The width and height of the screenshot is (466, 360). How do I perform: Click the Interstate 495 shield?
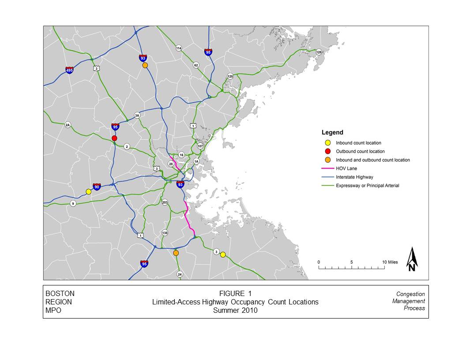(x=69, y=70)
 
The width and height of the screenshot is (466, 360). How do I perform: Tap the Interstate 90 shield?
(x=97, y=187)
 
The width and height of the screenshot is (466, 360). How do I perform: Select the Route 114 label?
(x=179, y=48)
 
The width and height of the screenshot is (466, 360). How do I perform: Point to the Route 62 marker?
(x=196, y=65)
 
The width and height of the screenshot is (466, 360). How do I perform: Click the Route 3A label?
(x=137, y=116)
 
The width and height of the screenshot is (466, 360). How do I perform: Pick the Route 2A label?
(x=68, y=125)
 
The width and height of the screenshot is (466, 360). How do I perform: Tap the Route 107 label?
(x=200, y=146)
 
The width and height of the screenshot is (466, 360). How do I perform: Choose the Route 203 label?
(x=165, y=202)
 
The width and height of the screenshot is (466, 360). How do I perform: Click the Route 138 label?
(x=165, y=232)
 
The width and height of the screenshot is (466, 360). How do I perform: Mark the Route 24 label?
(x=180, y=274)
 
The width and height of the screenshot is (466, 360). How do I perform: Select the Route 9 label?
(x=73, y=203)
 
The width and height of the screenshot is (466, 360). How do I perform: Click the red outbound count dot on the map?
(x=114, y=138)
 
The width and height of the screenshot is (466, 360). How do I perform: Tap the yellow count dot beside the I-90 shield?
(x=88, y=191)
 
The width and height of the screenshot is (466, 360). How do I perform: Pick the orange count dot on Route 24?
(x=176, y=253)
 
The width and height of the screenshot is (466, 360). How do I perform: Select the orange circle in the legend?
(x=327, y=160)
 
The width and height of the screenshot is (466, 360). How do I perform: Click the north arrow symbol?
(x=412, y=259)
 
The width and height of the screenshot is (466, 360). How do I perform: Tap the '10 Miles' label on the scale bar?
(x=390, y=262)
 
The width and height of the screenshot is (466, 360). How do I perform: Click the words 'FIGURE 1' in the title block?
(x=235, y=294)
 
